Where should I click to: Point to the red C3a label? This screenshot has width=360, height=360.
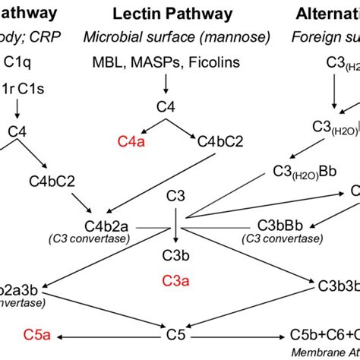pyautogui.click(x=175, y=282)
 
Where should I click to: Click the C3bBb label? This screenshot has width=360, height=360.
pyautogui.click(x=279, y=226)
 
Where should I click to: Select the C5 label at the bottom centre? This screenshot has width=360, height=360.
pyautogui.click(x=176, y=333)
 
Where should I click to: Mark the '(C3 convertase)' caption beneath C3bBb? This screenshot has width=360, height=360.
pyautogui.click(x=279, y=240)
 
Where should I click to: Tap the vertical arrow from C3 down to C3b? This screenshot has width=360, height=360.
pyautogui.click(x=176, y=226)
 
